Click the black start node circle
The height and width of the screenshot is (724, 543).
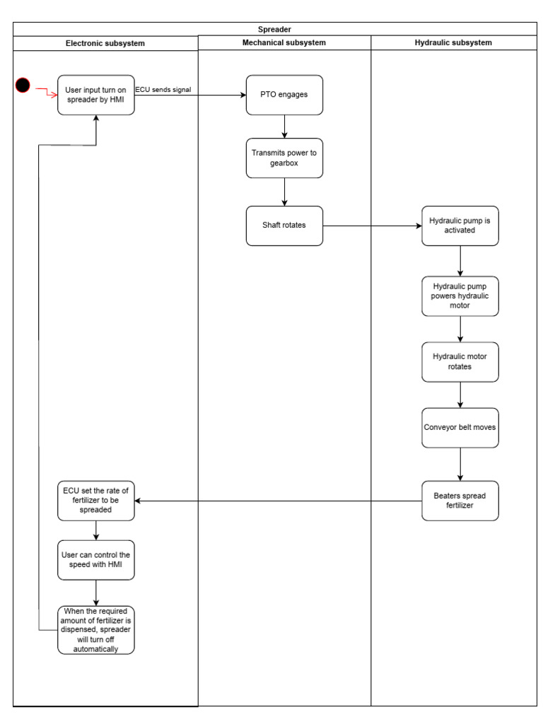click(23, 86)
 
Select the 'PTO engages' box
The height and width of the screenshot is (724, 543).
click(284, 95)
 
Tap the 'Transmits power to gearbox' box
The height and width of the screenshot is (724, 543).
click(284, 158)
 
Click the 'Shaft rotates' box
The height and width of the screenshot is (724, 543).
click(284, 226)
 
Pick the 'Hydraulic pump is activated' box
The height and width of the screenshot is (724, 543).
click(460, 226)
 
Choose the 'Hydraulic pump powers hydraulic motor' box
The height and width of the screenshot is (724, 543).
click(460, 296)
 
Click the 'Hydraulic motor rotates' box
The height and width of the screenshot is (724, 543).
click(460, 361)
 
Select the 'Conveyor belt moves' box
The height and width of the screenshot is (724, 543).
click(460, 427)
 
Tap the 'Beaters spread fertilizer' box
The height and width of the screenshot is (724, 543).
click(460, 501)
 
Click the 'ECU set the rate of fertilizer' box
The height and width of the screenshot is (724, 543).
click(95, 501)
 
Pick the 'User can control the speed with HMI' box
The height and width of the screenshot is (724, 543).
click(95, 560)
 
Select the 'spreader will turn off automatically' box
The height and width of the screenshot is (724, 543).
click(95, 629)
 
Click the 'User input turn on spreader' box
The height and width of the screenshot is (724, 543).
click(95, 95)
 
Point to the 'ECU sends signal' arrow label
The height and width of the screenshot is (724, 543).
click(163, 88)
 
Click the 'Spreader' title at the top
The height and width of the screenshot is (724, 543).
click(274, 29)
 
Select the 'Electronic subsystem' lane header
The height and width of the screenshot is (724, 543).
click(105, 43)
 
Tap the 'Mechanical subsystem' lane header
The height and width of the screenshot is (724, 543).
click(284, 42)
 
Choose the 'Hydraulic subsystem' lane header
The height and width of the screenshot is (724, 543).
click(453, 42)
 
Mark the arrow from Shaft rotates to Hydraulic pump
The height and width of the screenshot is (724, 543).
click(371, 226)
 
